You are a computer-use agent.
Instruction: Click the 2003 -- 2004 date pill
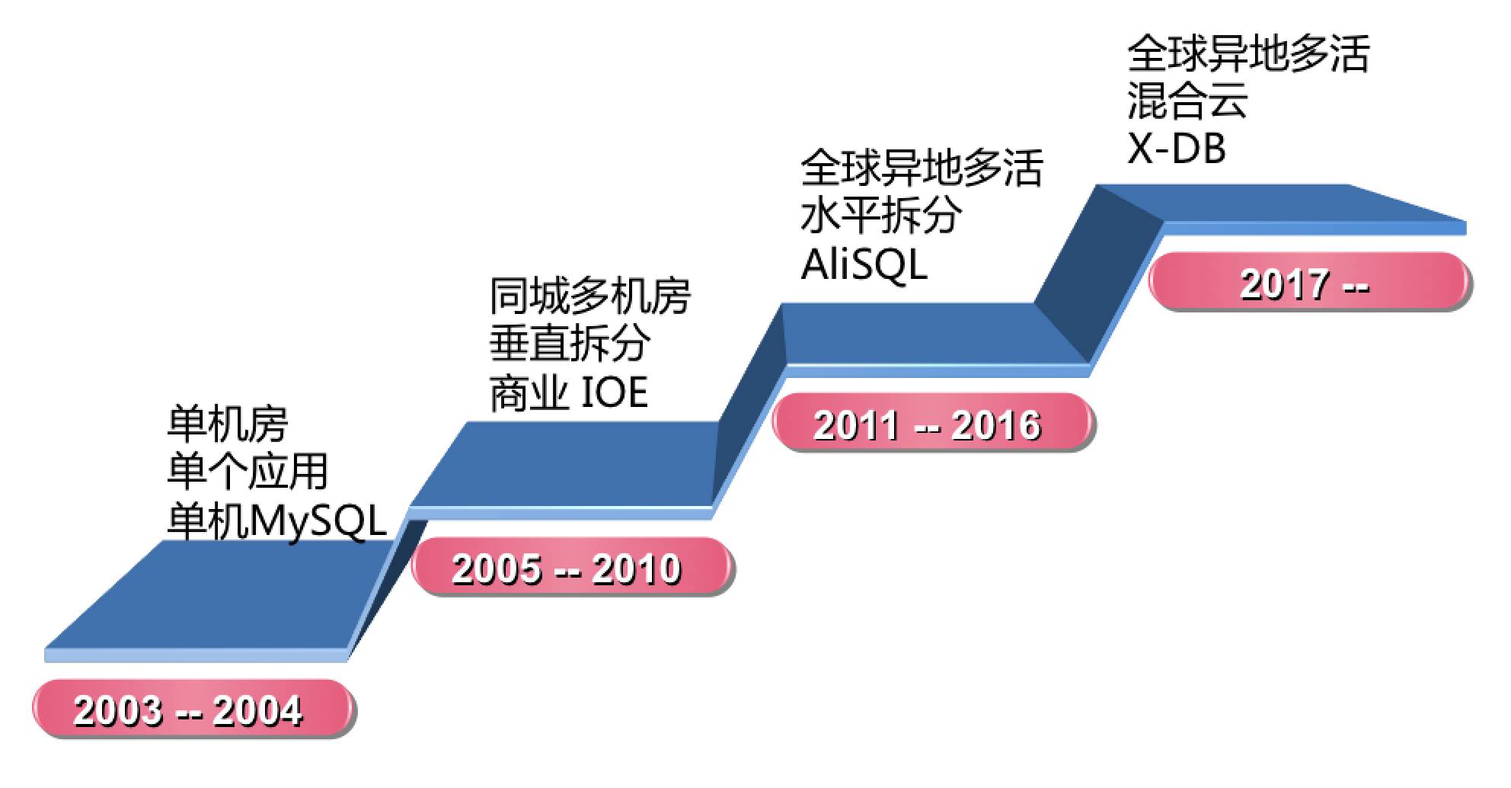[193, 709]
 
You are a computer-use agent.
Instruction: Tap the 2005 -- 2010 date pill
[573, 567]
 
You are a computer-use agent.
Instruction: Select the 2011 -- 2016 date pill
[934, 424]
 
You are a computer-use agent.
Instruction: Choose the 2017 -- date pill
[1310, 283]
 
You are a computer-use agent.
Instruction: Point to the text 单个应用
[248, 471]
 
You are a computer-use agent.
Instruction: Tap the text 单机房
[227, 424]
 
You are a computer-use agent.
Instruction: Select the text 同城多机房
[589, 296]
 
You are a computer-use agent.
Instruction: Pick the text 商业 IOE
[568, 393]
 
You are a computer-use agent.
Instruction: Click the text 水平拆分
[881, 215]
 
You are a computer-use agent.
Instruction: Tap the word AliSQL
[864, 264]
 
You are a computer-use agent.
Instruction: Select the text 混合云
[1187, 101]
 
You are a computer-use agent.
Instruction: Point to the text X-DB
[1177, 149]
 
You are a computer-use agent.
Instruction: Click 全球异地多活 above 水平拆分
[922, 168]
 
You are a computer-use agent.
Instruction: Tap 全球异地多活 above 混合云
[1248, 53]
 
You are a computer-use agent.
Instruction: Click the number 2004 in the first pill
[257, 710]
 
